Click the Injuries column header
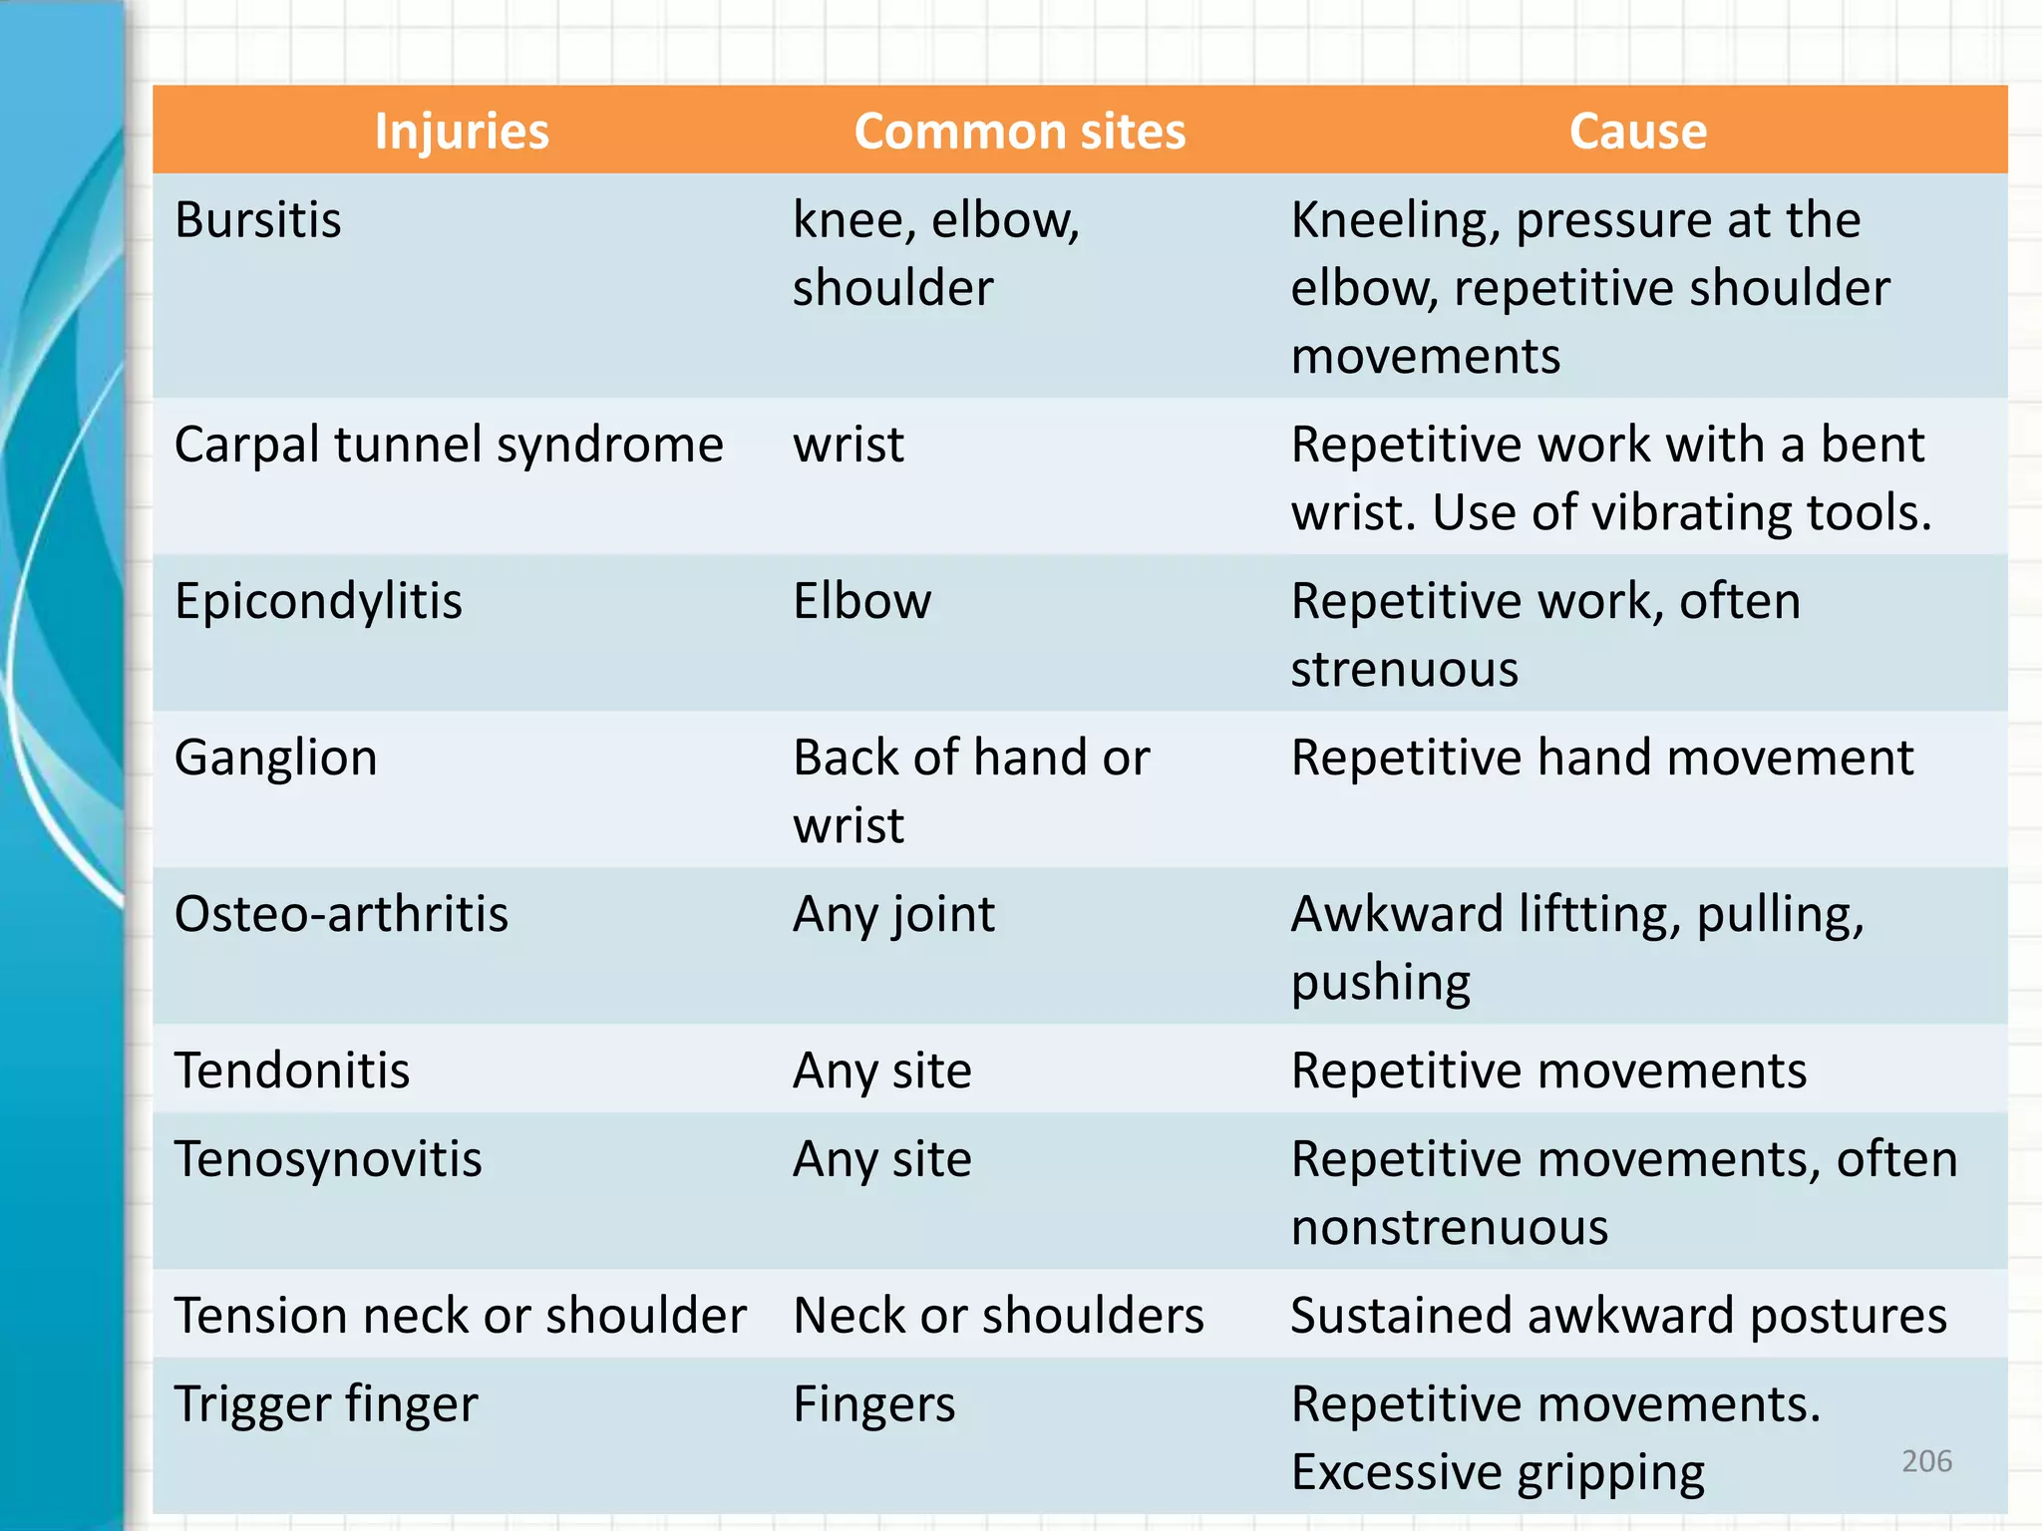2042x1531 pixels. point(462,132)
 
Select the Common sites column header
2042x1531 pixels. point(1019,132)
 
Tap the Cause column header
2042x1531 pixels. point(1637,132)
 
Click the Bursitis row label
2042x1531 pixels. point(258,220)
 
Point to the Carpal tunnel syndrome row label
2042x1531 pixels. point(449,445)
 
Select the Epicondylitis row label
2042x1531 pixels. point(318,601)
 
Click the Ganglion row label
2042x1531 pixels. point(276,758)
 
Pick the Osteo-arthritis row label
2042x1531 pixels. point(341,914)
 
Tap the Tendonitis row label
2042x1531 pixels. point(292,1071)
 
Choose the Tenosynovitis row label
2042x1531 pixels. point(328,1159)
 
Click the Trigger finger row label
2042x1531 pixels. point(326,1404)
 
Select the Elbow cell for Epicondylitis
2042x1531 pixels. point(862,601)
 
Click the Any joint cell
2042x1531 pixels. point(893,914)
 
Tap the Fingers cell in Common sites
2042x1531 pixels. point(874,1404)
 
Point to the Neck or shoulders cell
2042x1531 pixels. point(998,1316)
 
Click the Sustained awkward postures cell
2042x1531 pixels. point(1618,1316)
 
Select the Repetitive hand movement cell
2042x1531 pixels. point(1602,758)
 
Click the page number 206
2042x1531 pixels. point(1926,1461)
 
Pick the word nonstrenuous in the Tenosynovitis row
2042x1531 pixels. point(1450,1227)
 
